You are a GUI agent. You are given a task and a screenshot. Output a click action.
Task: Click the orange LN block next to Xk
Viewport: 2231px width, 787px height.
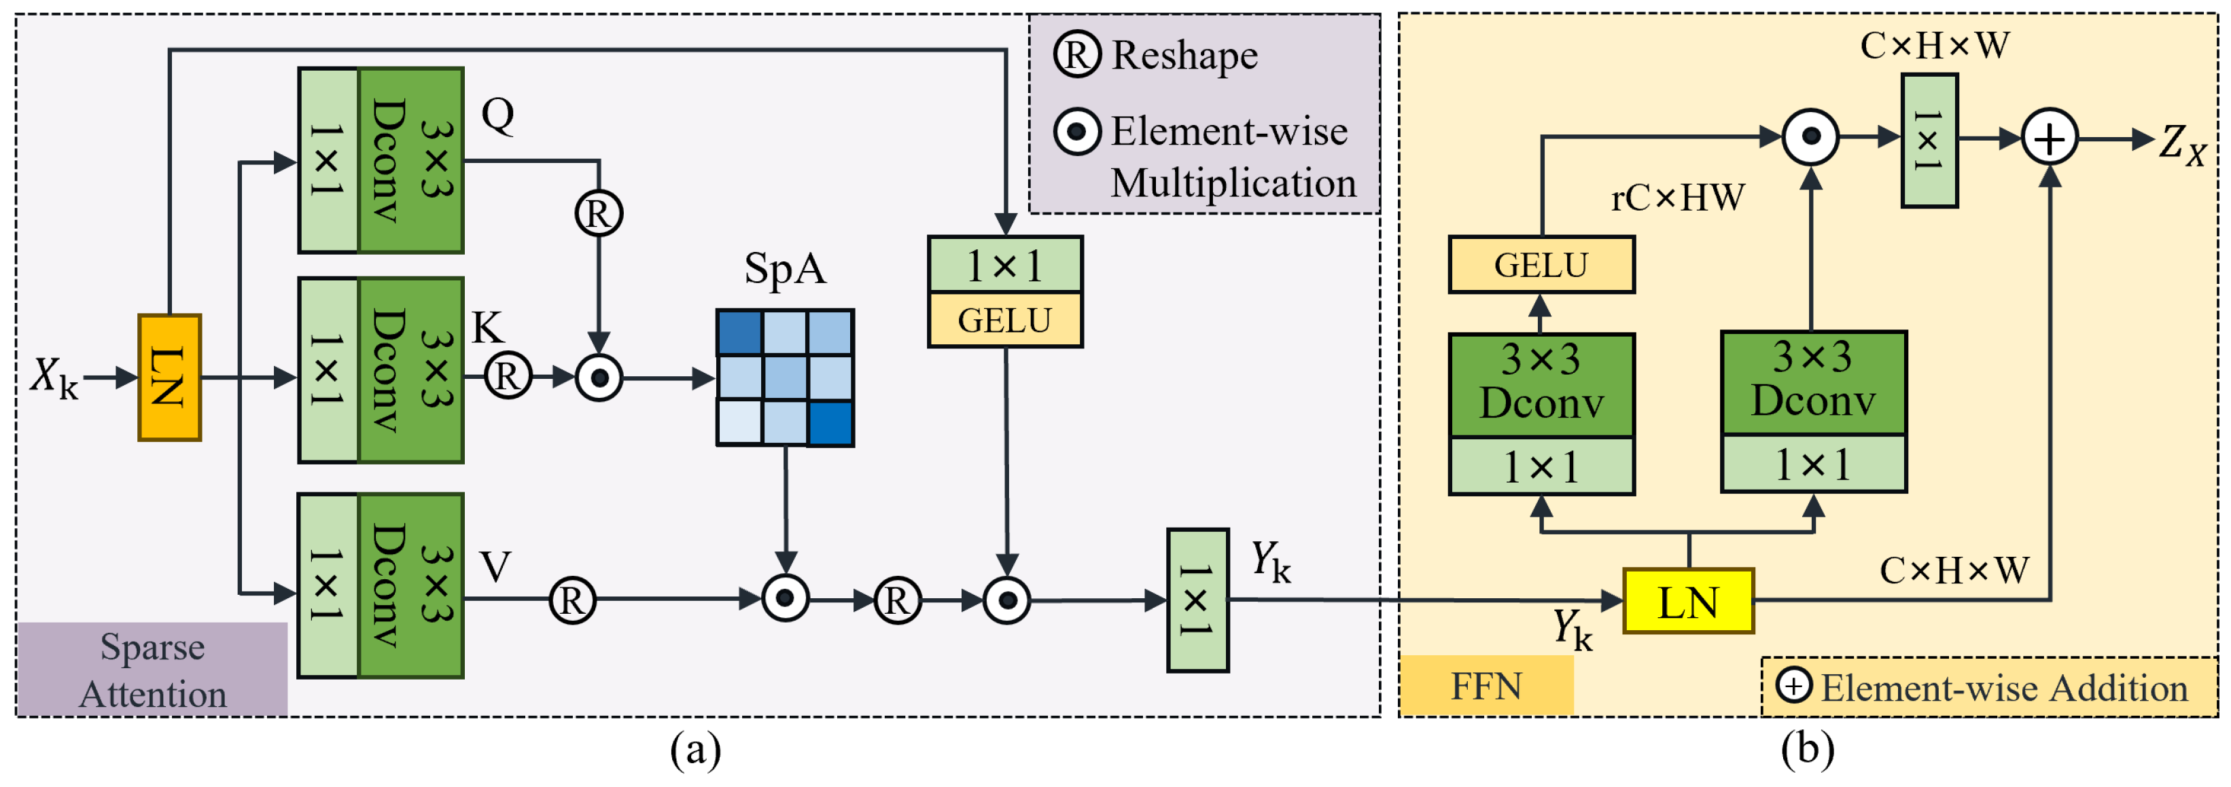[170, 378]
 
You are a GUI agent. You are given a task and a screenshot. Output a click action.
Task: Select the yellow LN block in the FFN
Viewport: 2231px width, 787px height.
[1688, 602]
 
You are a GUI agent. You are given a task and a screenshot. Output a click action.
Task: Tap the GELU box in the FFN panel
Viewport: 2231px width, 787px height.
[1541, 265]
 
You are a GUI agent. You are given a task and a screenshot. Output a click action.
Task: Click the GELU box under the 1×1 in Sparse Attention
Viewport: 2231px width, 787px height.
[1004, 321]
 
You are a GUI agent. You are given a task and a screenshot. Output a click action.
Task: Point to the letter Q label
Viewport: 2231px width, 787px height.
[498, 115]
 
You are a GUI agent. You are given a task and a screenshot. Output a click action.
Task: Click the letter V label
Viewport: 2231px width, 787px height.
[495, 567]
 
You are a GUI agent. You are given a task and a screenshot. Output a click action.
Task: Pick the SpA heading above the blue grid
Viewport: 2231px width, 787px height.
[785, 268]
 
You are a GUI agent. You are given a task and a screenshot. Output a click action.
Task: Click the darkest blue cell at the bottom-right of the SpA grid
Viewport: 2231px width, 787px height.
[830, 423]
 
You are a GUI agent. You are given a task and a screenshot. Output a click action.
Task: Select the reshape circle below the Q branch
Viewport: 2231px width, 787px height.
[599, 213]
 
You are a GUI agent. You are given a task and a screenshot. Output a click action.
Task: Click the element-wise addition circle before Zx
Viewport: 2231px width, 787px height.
[2049, 139]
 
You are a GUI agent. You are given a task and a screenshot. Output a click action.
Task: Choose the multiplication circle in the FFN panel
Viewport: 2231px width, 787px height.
[1810, 136]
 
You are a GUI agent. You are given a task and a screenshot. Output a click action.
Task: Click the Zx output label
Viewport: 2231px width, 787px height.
[2181, 143]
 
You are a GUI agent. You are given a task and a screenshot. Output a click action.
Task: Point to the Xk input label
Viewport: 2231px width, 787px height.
[54, 378]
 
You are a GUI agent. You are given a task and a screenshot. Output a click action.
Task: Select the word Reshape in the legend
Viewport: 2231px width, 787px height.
[1184, 56]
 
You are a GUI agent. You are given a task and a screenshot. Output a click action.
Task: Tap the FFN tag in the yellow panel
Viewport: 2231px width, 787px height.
[1486, 687]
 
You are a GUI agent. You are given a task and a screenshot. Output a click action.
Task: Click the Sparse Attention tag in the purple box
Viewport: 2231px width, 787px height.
[152, 670]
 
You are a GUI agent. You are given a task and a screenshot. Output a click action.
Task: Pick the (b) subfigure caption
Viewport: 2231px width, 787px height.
[1807, 749]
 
